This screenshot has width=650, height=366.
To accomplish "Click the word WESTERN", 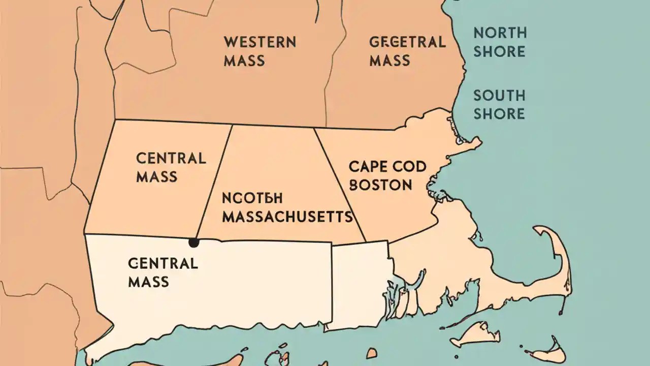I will [259, 42].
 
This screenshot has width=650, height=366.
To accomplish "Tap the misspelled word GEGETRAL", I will [407, 42].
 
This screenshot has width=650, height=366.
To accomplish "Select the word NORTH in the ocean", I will [500, 33].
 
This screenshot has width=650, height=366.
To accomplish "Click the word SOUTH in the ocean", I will [499, 96].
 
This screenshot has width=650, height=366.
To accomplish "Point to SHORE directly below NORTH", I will [500, 51].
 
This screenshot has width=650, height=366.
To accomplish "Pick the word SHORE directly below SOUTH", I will [499, 113].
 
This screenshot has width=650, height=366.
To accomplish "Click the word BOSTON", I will [381, 185].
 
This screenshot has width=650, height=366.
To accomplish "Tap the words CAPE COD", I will [387, 166].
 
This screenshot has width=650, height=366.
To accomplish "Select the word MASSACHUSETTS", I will [288, 217].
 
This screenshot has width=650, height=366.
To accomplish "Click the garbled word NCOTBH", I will [252, 198].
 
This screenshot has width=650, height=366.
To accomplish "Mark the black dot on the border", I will [193, 242].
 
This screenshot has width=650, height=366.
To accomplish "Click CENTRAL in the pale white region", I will [162, 263].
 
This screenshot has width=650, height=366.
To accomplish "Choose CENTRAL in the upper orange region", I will [171, 158].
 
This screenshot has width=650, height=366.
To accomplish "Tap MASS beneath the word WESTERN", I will [244, 60].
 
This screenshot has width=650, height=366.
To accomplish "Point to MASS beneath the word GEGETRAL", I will [389, 60].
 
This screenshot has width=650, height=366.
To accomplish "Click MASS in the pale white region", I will [148, 282].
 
